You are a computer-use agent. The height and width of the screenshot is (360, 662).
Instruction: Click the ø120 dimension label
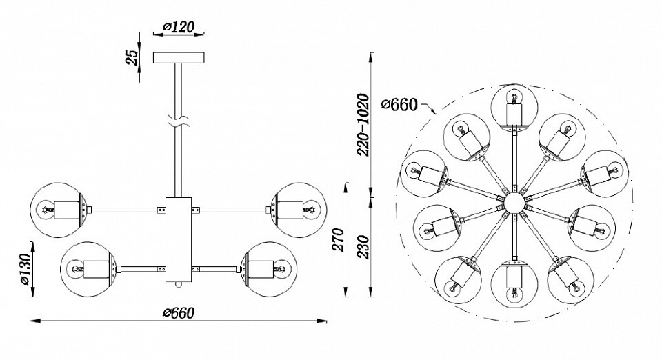pyautogui.click(x=178, y=27)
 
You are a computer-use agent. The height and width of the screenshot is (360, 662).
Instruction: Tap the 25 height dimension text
pyautogui.click(x=132, y=58)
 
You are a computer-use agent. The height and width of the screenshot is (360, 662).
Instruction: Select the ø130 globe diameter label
pyautogui.click(x=26, y=269)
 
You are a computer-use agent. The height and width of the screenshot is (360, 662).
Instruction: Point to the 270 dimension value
pyautogui.click(x=339, y=239)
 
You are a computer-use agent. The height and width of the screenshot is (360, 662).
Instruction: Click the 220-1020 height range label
pyautogui.click(x=363, y=125)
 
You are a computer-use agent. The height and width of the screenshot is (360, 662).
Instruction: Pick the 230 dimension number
pyautogui.click(x=363, y=248)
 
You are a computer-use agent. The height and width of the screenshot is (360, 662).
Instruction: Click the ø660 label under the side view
pyautogui.click(x=179, y=312)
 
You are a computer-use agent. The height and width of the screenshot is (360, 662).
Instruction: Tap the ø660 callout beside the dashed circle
pyautogui.click(x=399, y=104)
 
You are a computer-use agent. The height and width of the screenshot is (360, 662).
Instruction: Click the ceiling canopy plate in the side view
pyautogui.click(x=179, y=58)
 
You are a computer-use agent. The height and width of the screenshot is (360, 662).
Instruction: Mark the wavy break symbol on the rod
pyautogui.click(x=179, y=121)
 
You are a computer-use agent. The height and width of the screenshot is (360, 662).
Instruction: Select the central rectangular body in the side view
pyautogui.click(x=179, y=240)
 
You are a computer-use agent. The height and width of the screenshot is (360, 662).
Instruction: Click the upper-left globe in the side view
pyautogui.click(x=59, y=210)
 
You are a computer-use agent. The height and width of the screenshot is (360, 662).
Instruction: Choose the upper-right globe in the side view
pyautogui.click(x=299, y=210)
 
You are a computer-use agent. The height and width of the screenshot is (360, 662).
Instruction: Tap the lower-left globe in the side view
pyautogui.click(x=88, y=269)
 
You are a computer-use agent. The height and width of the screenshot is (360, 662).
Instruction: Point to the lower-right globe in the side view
pyautogui.click(x=269, y=269)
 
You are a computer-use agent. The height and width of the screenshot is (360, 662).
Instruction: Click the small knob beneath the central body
pyautogui.click(x=179, y=286)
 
